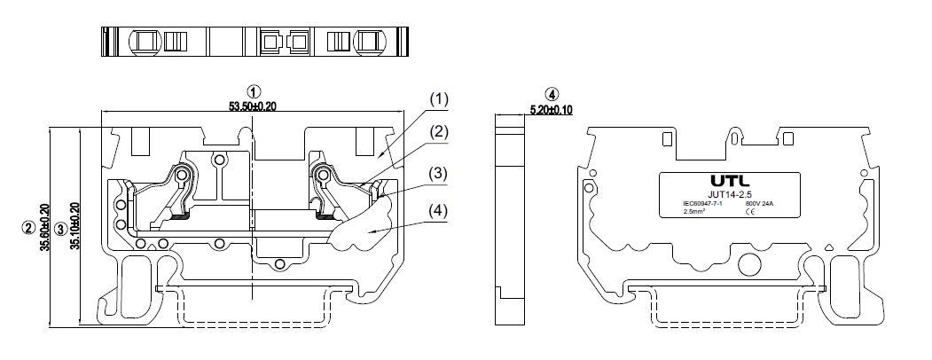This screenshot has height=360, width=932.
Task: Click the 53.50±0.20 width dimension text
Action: pyautogui.click(x=253, y=106)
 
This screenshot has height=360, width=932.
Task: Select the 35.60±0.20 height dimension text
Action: pyautogui.click(x=45, y=226)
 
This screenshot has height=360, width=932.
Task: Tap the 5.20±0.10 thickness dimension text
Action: pyautogui.click(x=552, y=110)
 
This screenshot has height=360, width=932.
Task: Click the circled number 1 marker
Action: pyautogui.click(x=254, y=91)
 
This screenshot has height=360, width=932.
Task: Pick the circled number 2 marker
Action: pyautogui.click(x=29, y=228)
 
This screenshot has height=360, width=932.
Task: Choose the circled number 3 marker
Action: pyautogui.click(x=59, y=228)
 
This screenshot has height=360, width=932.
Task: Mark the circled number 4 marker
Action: pyautogui.click(x=552, y=94)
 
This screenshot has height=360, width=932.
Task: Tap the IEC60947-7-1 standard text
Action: pyautogui.click(x=701, y=205)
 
